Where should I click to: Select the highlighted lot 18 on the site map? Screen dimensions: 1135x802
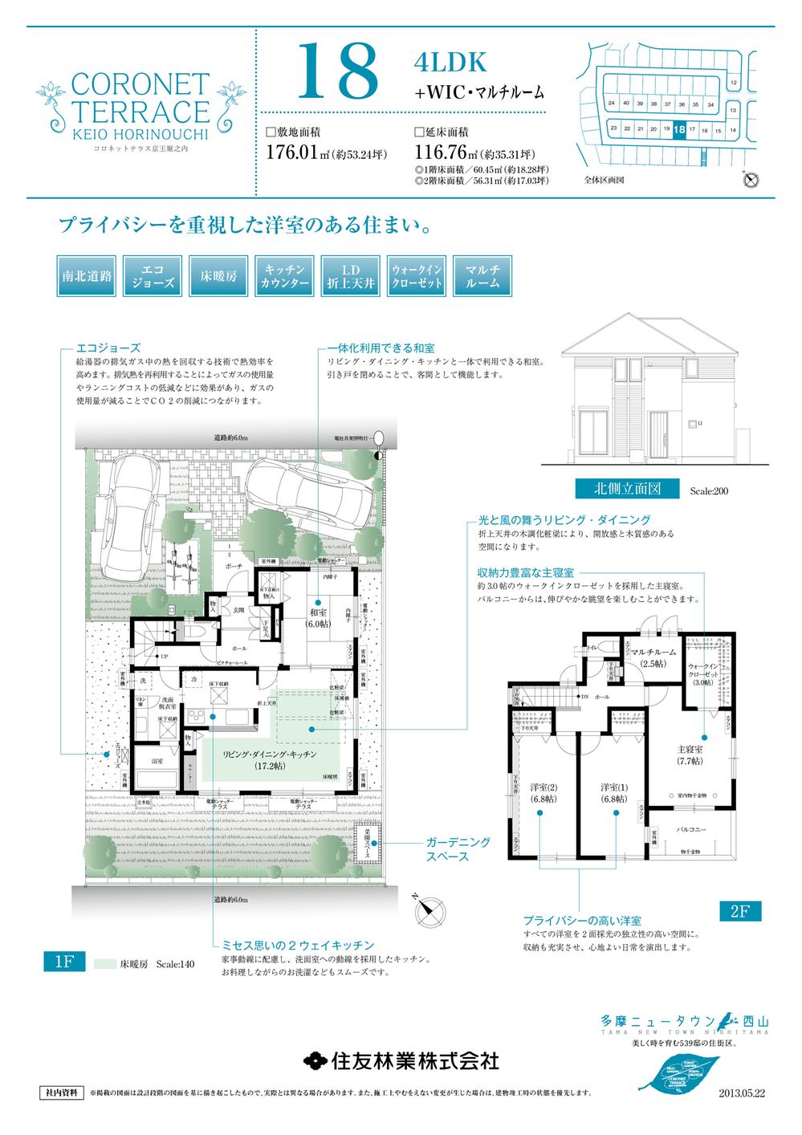coord(680,129)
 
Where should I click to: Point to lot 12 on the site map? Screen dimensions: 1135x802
coord(732,83)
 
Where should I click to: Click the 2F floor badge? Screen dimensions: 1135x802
coord(739,911)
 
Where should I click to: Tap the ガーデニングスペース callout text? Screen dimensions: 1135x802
coord(457,849)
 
